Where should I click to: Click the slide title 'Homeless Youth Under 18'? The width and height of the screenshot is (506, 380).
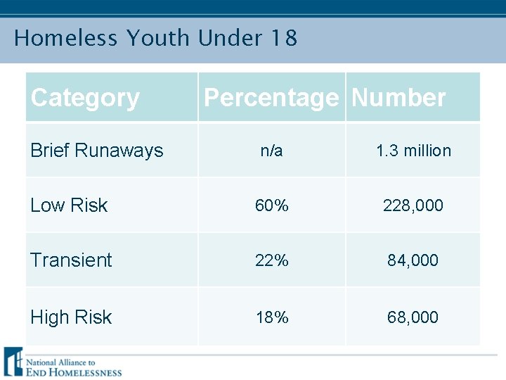(155, 38)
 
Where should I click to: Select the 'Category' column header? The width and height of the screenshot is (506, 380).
(85, 98)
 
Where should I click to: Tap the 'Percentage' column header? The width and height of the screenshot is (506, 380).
(271, 98)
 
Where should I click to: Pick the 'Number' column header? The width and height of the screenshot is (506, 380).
(398, 98)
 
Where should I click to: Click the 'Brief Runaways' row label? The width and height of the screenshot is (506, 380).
(96, 151)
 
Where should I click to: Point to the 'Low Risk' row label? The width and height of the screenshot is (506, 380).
(69, 205)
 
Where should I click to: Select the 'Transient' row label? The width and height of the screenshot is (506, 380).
(71, 260)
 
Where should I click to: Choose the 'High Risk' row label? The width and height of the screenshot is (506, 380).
(71, 317)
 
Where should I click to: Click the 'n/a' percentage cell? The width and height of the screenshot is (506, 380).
(271, 151)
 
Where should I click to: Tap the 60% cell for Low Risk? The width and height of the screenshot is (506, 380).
(271, 205)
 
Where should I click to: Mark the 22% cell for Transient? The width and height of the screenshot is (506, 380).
(271, 260)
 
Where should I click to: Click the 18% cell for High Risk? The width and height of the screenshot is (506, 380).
(271, 317)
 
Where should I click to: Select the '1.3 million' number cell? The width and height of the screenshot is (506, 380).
(413, 151)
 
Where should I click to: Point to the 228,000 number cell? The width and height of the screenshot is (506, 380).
(413, 205)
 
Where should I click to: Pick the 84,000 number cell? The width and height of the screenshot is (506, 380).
(413, 260)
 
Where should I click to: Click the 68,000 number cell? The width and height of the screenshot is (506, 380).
(413, 317)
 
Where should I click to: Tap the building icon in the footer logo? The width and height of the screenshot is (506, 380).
(13, 362)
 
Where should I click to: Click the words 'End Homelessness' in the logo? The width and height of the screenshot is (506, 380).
(74, 372)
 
